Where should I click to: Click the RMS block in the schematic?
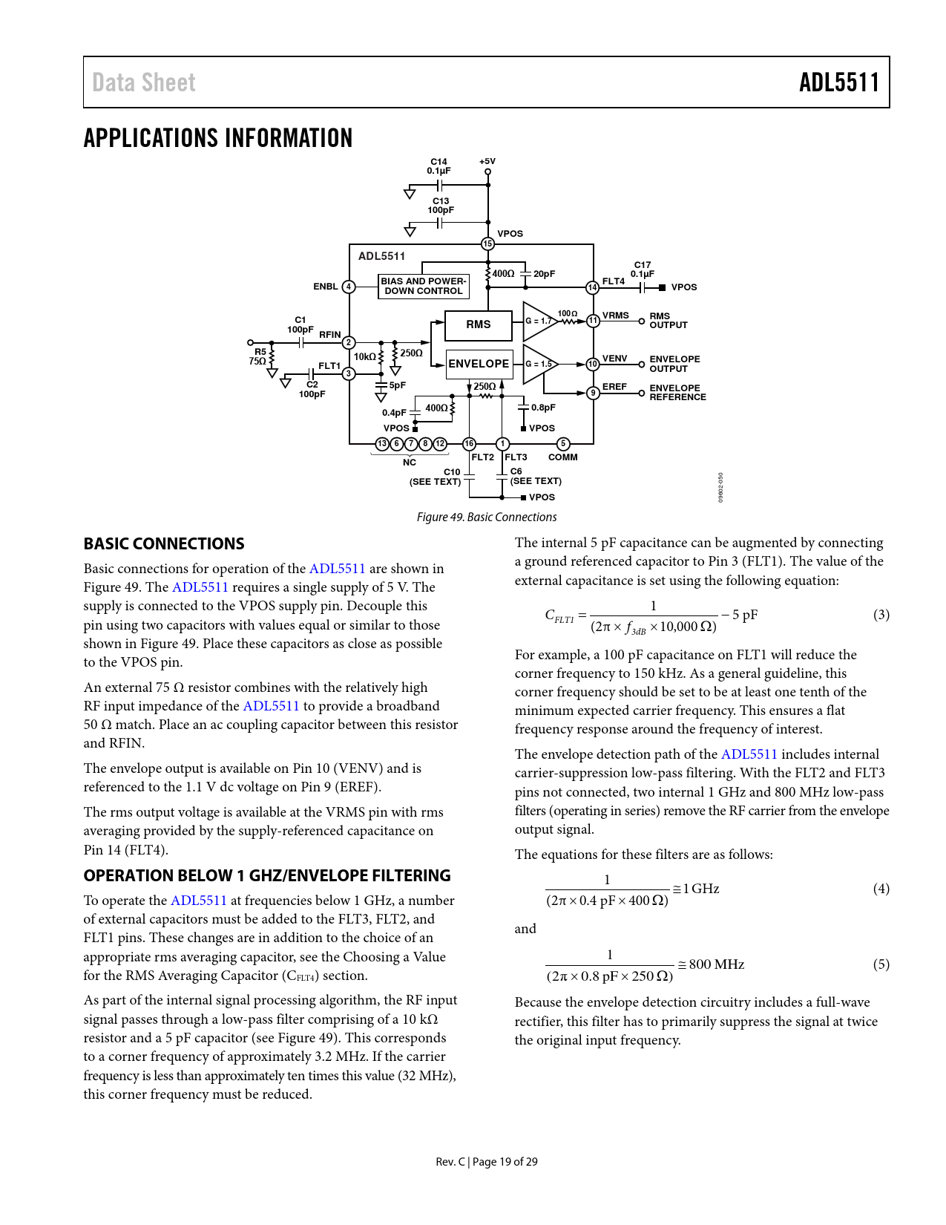click(x=479, y=324)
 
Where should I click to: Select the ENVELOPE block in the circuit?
click(x=479, y=364)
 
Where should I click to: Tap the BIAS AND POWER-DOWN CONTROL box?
click(x=424, y=286)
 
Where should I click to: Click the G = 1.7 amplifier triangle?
click(x=538, y=321)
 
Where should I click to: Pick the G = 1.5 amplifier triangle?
click(x=538, y=364)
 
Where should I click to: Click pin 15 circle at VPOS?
click(x=487, y=244)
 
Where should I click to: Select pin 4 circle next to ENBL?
click(x=349, y=287)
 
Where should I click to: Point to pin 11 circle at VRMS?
click(x=593, y=321)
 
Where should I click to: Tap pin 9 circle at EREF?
click(x=593, y=393)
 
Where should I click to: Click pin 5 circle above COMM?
click(x=563, y=444)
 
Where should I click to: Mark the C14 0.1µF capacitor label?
click(x=438, y=166)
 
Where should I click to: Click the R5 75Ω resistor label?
click(x=258, y=356)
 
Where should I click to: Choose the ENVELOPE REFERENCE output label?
click(x=677, y=393)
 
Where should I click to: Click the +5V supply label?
click(x=487, y=161)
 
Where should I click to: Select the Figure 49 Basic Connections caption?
click(x=486, y=517)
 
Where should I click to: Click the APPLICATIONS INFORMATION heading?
click(x=218, y=139)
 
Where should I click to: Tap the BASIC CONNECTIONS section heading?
click(x=164, y=543)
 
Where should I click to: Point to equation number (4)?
click(x=881, y=889)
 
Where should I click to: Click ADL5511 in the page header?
click(x=838, y=82)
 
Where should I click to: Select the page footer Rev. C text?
click(x=450, y=1161)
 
